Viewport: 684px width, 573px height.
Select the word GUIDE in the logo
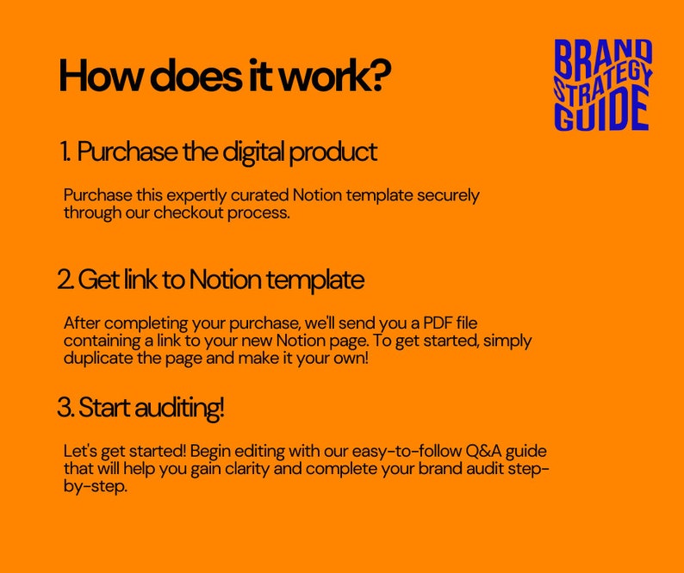[x=602, y=113]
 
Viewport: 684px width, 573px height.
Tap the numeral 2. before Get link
[x=65, y=280]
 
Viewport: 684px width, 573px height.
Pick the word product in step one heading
[x=333, y=152]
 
